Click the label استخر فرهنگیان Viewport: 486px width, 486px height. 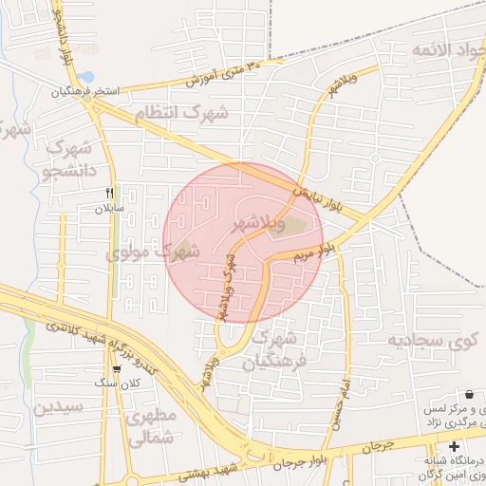[x=86, y=92]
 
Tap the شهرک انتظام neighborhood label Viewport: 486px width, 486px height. [x=181, y=113]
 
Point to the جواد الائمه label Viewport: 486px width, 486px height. [x=447, y=47]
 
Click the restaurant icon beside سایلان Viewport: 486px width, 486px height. [x=110, y=192]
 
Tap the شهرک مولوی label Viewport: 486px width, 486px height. [x=151, y=253]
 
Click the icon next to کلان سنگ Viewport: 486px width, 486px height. [x=117, y=369]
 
